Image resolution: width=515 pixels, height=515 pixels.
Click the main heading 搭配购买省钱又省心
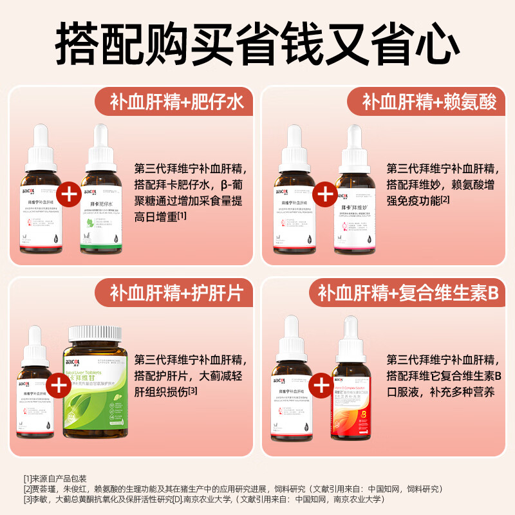(x=257, y=40)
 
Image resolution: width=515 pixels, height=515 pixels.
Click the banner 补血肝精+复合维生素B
(x=408, y=294)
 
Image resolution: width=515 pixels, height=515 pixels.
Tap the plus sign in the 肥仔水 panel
(x=70, y=193)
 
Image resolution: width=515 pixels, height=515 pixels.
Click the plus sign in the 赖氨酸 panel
(x=325, y=193)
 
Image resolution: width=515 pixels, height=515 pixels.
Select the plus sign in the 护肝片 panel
(x=59, y=385)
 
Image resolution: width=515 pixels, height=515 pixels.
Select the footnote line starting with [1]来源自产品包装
(x=55, y=479)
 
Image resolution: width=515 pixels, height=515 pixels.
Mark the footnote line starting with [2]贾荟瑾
(x=232, y=489)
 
